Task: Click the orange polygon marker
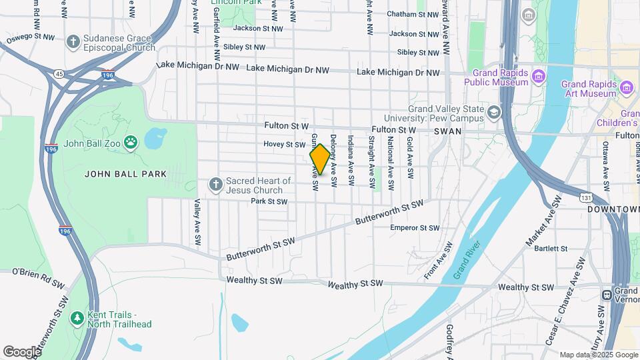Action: click(x=320, y=160)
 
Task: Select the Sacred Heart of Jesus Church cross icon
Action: click(x=215, y=184)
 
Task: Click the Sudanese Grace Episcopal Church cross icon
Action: click(x=73, y=42)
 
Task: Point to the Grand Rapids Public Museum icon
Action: click(x=539, y=81)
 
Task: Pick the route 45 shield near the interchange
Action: click(x=59, y=74)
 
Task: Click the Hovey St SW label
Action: click(x=284, y=144)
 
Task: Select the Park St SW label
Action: click(x=269, y=201)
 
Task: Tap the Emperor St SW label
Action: click(x=415, y=228)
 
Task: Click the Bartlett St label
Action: click(x=551, y=249)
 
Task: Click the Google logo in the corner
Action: click(x=22, y=351)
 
